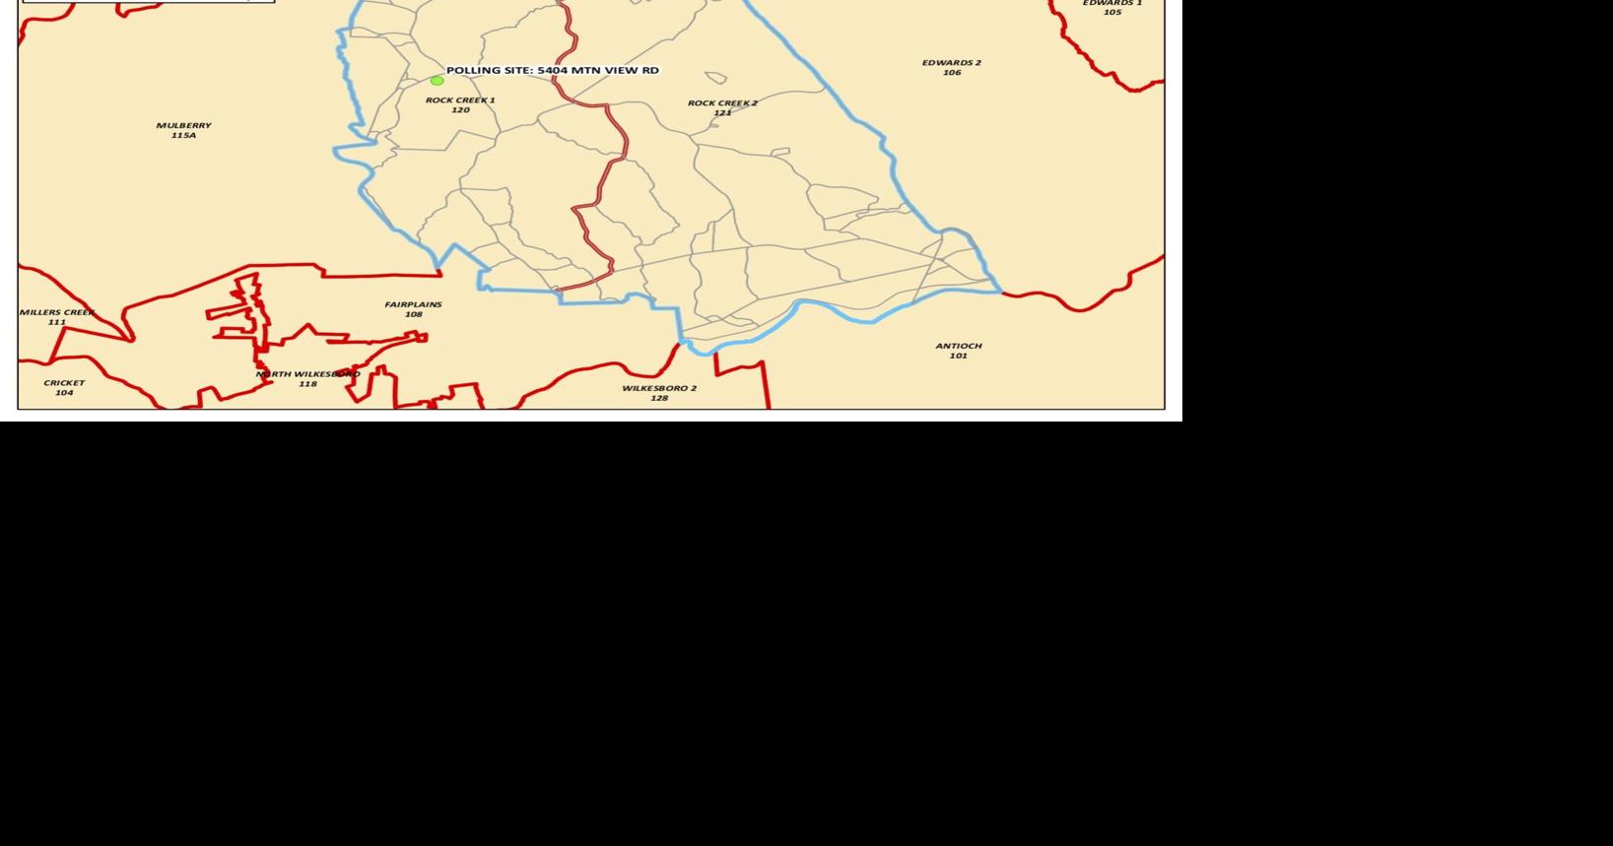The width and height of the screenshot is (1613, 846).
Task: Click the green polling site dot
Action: click(x=437, y=81)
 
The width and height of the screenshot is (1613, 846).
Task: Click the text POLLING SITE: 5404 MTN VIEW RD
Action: click(x=552, y=71)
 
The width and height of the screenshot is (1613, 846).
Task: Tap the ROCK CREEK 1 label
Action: click(x=460, y=100)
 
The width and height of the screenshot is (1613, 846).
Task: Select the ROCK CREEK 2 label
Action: click(x=722, y=103)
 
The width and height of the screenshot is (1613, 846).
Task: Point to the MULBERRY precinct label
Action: click(x=183, y=126)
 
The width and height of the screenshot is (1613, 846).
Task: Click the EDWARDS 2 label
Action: click(x=951, y=63)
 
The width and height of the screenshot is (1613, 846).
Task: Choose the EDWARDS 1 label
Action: click(x=1111, y=4)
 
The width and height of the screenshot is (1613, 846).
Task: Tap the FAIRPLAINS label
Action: click(x=413, y=305)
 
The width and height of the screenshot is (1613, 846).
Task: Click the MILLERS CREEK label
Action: click(x=57, y=313)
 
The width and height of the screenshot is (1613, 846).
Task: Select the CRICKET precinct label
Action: click(x=64, y=383)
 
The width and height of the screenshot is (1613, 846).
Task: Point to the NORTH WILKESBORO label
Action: click(x=307, y=374)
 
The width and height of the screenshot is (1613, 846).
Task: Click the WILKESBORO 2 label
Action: click(x=658, y=388)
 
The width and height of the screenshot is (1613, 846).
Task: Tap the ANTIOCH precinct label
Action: click(x=958, y=346)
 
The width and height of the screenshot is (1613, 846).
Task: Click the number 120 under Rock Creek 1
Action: click(x=460, y=110)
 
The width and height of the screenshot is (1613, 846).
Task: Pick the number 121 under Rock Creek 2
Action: click(x=722, y=113)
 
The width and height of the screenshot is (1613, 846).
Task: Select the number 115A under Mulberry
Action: click(x=183, y=136)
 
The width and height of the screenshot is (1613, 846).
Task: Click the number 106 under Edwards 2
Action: click(x=951, y=73)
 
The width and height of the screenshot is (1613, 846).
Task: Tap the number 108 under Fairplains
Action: click(x=413, y=315)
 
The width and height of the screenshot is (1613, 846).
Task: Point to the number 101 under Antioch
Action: click(x=958, y=356)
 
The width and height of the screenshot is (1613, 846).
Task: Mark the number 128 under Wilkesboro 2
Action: click(x=658, y=398)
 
